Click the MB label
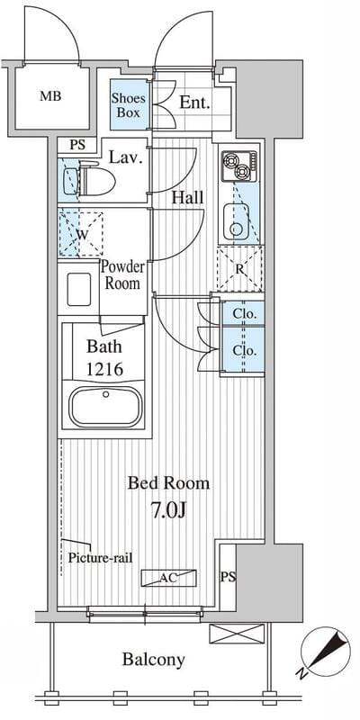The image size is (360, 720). point(50,96)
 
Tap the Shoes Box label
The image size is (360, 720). point(129,105)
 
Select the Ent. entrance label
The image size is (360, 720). point(194,103)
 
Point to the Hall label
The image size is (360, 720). point(187,198)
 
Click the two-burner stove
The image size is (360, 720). point(238,166)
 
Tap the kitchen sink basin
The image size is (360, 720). point(237,222)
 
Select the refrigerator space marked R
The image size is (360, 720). point(239,268)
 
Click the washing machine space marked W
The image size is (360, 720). point(81,234)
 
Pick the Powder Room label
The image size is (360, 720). point(122,275)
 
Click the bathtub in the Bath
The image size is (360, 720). point(105,407)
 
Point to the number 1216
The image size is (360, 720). point(104,369)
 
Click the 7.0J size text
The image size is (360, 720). point(168,510)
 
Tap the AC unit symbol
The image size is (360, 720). point(168,578)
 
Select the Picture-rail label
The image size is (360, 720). point(100,559)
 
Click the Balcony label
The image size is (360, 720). point(153,660)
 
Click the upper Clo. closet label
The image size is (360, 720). point(241,314)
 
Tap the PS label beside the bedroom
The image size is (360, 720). point(228,577)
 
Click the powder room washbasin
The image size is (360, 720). point(78,289)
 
